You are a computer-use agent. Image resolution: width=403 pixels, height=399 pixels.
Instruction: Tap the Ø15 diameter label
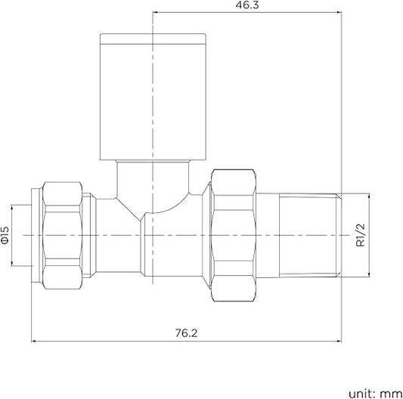click(x=5, y=235)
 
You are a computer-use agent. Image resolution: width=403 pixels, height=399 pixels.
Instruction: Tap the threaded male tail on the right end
click(x=308, y=235)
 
